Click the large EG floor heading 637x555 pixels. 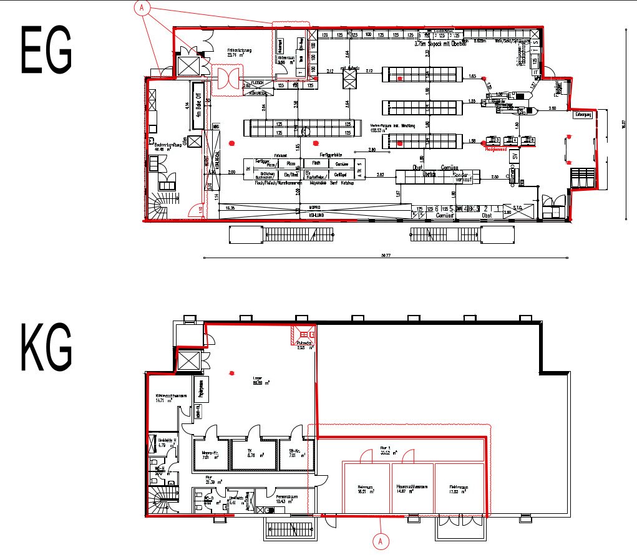47,49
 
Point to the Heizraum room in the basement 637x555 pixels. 365,489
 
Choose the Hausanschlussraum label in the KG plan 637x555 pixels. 411,489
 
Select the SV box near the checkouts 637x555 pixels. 515,157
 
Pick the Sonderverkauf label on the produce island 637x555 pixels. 462,178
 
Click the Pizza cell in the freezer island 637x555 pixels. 290,163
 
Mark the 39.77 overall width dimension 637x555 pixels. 384,255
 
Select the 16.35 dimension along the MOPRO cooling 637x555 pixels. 230,207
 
